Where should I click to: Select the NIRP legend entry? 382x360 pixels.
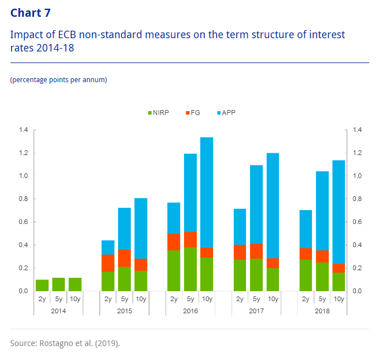tap(157, 112)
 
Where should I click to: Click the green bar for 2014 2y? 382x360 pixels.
tap(42, 285)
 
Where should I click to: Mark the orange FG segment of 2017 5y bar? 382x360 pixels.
tap(256, 251)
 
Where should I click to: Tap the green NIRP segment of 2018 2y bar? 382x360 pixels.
tap(306, 275)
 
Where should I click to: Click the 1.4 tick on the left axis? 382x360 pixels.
tap(23, 130)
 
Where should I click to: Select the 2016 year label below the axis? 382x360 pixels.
tap(190, 311)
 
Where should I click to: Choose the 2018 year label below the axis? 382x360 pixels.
tap(322, 311)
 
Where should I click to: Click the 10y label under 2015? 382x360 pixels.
tap(141, 299)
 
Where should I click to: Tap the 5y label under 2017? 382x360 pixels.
tap(256, 299)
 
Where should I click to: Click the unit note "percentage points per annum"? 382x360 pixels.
tap(58, 79)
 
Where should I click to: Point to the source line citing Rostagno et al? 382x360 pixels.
tap(65, 343)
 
